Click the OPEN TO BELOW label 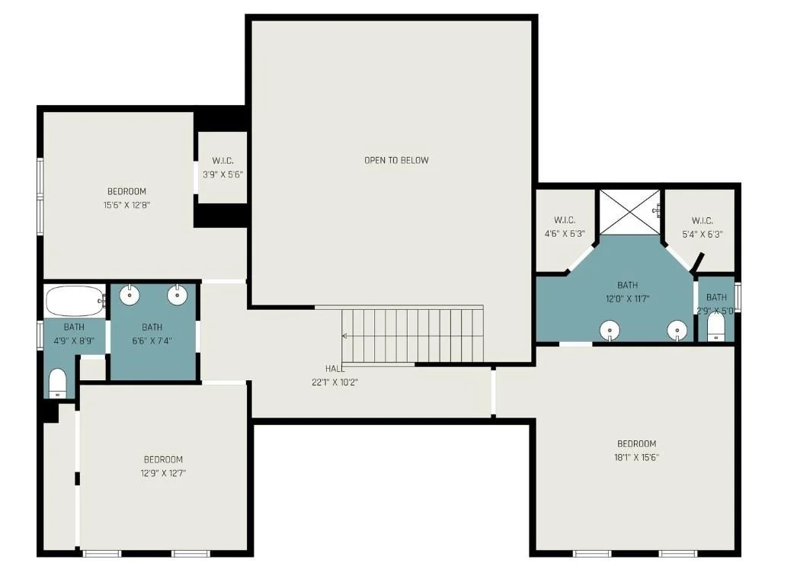click(396, 160)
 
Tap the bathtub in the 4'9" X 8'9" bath click(75, 301)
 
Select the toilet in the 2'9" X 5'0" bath click(715, 326)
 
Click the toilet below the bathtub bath click(57, 382)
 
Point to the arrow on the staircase click(344, 336)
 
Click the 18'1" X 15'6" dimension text click(636, 457)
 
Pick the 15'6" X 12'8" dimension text click(126, 206)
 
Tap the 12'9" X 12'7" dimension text click(163, 473)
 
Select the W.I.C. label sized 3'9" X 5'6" click(222, 161)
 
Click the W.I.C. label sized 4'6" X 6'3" click(565, 220)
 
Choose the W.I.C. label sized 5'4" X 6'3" click(702, 221)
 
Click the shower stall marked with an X click(630, 212)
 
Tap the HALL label click(335, 369)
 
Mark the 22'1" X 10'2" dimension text click(335, 382)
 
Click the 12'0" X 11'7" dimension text click(628, 299)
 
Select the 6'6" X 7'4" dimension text click(152, 341)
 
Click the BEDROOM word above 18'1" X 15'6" click(636, 443)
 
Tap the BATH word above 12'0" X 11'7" click(628, 285)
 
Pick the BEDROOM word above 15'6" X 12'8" click(126, 192)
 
